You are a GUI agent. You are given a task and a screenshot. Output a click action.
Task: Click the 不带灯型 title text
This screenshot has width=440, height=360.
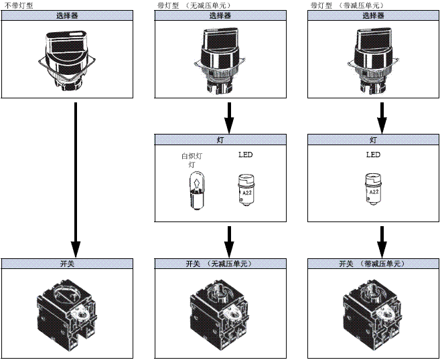coord(18,5)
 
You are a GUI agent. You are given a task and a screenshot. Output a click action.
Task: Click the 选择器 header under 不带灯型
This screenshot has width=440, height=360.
coord(76,15)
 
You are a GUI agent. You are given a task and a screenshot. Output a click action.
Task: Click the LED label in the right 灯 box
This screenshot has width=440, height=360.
coord(374,155)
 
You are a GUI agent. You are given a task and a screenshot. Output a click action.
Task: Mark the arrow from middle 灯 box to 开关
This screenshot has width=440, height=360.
coord(229,239)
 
